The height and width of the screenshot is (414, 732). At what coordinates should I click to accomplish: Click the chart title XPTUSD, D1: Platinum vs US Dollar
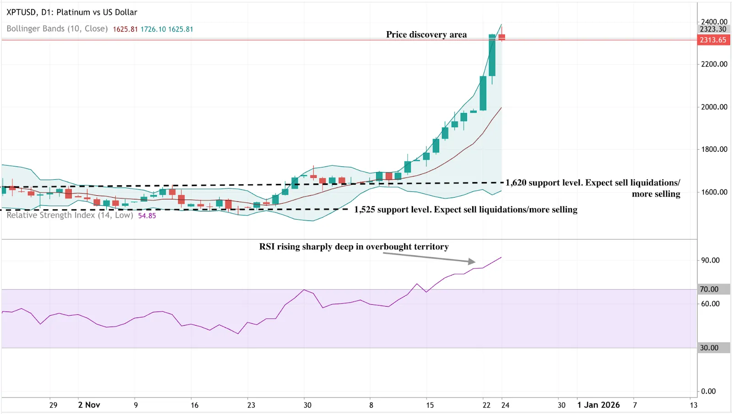click(72, 12)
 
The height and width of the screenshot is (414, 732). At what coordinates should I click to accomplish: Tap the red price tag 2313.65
click(713, 40)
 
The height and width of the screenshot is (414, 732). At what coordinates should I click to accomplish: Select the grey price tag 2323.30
click(713, 29)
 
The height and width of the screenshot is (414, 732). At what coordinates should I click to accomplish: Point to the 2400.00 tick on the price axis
click(714, 22)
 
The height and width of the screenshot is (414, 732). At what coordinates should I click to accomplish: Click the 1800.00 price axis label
click(714, 149)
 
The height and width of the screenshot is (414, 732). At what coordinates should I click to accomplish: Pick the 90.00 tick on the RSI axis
click(710, 260)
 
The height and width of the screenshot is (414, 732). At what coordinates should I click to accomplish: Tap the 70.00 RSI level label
click(709, 289)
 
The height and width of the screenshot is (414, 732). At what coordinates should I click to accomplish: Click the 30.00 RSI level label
click(709, 348)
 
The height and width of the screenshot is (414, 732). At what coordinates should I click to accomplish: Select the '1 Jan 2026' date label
click(598, 405)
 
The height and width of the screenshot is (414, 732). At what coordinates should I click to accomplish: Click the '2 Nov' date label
click(89, 405)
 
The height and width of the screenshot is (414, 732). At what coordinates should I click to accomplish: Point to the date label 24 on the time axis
click(505, 405)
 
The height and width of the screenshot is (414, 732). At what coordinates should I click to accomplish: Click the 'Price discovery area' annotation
click(426, 35)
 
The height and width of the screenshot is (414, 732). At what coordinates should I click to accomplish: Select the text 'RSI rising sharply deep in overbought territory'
click(354, 247)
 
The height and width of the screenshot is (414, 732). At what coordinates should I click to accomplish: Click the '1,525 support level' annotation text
click(465, 210)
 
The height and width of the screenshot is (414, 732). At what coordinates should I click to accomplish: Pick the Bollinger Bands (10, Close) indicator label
click(57, 29)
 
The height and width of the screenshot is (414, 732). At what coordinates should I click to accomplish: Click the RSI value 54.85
click(147, 216)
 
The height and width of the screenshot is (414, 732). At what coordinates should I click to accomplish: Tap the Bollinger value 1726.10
click(153, 29)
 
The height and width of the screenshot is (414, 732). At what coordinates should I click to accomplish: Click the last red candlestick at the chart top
click(502, 37)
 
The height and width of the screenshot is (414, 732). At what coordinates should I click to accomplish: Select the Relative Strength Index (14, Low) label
click(70, 215)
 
